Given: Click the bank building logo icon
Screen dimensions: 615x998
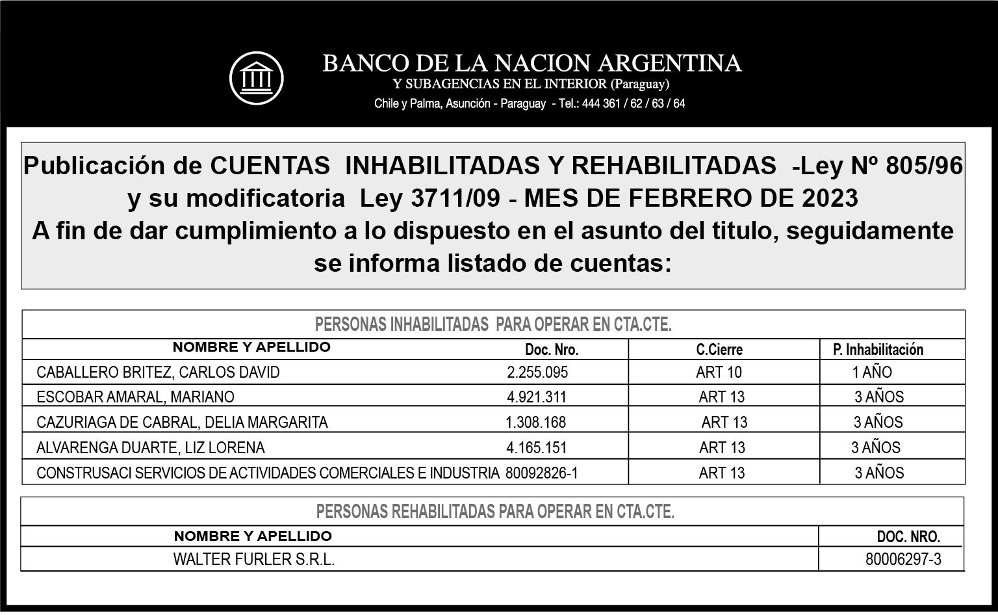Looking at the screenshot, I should tap(257, 78).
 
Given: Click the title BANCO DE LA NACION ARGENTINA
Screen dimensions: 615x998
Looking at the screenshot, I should tap(531, 63).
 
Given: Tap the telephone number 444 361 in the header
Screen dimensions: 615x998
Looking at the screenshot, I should tap(600, 103).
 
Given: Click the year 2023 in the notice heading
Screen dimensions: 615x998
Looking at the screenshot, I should tap(830, 198).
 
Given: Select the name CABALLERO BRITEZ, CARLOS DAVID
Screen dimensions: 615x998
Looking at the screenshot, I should tap(158, 373).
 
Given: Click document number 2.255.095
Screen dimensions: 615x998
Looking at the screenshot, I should tap(537, 373).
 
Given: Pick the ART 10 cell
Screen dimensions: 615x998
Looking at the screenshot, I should tap(719, 373).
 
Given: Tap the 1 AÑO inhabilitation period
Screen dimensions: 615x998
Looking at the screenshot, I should tap(872, 373).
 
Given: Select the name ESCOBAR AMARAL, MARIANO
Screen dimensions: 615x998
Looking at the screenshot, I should tap(135, 397).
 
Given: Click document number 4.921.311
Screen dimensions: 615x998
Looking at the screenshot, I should tap(536, 397).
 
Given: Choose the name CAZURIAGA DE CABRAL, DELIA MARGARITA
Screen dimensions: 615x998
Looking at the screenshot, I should tap(182, 423).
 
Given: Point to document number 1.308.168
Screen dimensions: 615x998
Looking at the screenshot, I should tap(535, 423).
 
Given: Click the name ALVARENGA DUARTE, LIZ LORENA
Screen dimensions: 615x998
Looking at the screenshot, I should tap(151, 448).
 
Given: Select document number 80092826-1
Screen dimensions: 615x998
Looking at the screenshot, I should tap(541, 473).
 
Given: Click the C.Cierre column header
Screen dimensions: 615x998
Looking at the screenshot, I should tap(719, 350).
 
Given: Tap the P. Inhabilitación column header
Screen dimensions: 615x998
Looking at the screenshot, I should tap(878, 350).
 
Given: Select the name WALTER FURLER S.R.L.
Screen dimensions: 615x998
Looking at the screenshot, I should tap(253, 560).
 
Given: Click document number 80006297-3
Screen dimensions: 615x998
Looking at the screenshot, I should tap(903, 560).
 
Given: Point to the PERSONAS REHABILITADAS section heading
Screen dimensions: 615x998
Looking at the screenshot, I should tap(495, 512).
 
